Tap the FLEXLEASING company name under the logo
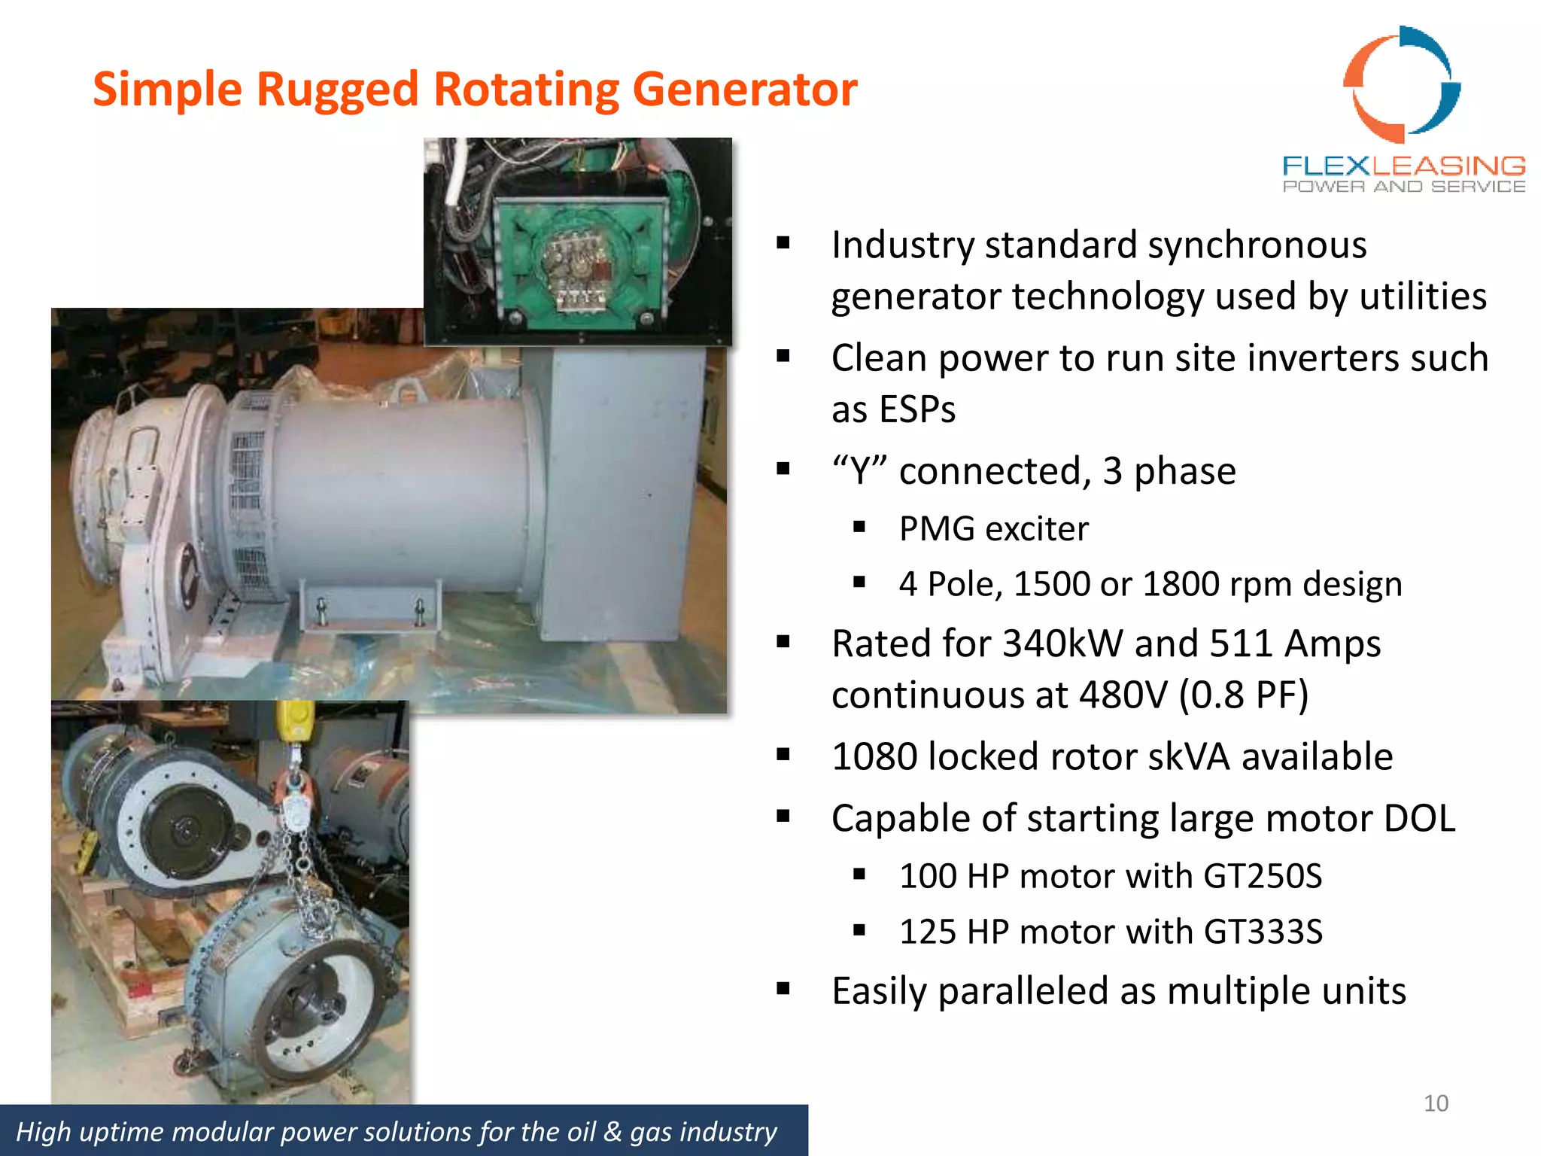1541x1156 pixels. [x=1403, y=166]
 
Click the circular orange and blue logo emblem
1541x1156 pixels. [x=1402, y=84]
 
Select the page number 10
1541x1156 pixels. [x=1436, y=1103]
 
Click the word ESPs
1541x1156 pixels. [x=893, y=410]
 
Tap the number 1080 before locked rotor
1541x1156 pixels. [x=874, y=757]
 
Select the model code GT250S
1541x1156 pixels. [x=1263, y=877]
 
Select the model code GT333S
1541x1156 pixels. [x=1263, y=932]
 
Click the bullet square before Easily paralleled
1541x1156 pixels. [x=783, y=989]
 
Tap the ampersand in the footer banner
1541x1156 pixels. [x=612, y=1132]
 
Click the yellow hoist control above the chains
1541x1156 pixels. [x=295, y=722]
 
